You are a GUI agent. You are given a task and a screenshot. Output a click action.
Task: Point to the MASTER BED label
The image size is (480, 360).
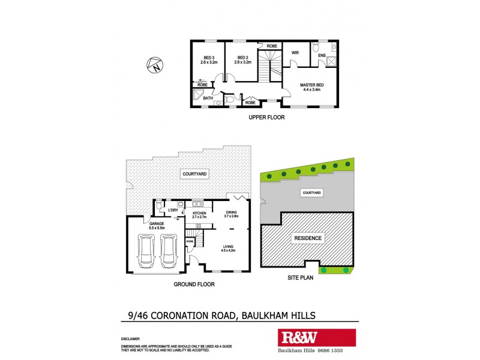coord(310,87)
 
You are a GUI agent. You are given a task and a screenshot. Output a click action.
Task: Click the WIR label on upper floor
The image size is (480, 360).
coord(295,53)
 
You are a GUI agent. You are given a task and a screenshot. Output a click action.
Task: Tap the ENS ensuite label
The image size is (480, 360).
coord(322,56)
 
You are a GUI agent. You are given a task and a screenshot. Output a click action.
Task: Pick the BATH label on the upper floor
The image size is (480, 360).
coord(208,98)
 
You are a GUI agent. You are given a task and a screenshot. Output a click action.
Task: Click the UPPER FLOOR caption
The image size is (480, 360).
coord(266,118)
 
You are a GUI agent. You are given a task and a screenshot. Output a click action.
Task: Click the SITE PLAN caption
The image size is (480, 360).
coord(299,279)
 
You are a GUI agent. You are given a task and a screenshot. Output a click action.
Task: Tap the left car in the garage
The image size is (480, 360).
coord(146,251)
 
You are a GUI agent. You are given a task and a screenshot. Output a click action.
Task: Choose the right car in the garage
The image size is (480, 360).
coord(169,251)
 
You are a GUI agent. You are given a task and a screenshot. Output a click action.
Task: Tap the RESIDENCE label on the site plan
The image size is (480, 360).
coord(308,238)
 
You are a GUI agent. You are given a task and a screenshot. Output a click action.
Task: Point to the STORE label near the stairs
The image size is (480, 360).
coord(190,242)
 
